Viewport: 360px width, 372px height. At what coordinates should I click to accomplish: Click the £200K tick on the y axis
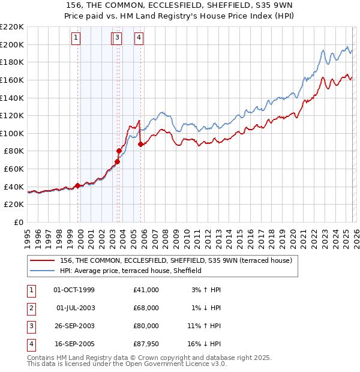[x=12, y=44]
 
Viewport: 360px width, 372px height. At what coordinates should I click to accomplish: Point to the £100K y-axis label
[x=12, y=133]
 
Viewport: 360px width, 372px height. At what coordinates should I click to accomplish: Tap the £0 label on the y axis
[x=18, y=223]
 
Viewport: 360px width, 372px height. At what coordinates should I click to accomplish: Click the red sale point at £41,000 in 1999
[x=77, y=186]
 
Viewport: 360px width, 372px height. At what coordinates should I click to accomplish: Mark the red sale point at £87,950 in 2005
[x=140, y=144]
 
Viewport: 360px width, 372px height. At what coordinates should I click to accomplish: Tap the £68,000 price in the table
[x=146, y=308]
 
